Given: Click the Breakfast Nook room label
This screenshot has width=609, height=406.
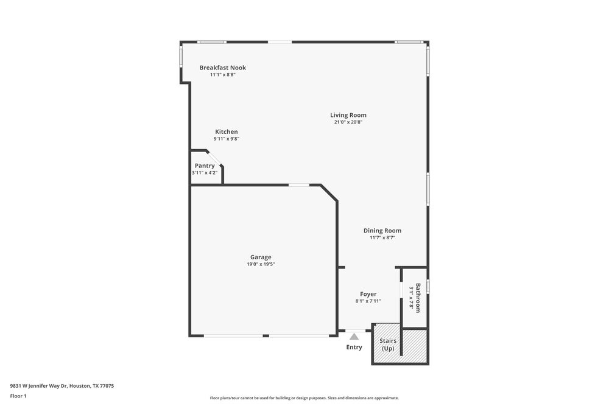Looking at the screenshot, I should click(222, 68).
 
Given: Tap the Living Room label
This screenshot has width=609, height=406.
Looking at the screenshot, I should click(348, 115).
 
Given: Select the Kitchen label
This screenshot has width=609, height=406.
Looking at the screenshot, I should click(226, 132).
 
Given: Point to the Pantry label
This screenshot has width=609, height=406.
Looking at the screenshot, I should click(205, 166).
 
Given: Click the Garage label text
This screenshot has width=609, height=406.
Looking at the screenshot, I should click(261, 257).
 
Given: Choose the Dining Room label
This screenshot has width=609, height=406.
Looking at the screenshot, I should click(382, 231).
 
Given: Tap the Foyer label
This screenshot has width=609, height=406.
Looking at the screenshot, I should click(368, 294).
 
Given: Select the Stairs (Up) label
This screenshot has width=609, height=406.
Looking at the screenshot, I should click(388, 345).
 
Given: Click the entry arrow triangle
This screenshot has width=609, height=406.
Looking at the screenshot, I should click(354, 335).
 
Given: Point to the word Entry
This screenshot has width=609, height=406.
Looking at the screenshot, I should click(354, 347).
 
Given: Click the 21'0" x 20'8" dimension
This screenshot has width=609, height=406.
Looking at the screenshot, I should click(348, 122).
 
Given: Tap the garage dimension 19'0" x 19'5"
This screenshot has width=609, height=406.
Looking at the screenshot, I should click(261, 264).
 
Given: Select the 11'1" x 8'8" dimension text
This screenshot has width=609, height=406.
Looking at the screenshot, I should click(222, 75).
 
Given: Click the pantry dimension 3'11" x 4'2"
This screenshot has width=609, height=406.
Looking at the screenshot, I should click(205, 173).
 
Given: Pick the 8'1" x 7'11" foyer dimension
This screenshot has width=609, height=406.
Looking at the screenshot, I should click(368, 301).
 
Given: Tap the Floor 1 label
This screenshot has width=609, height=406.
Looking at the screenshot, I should click(18, 396).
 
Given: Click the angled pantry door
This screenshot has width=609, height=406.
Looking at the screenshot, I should click(214, 157).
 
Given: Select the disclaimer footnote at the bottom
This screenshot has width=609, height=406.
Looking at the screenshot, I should click(304, 397).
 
